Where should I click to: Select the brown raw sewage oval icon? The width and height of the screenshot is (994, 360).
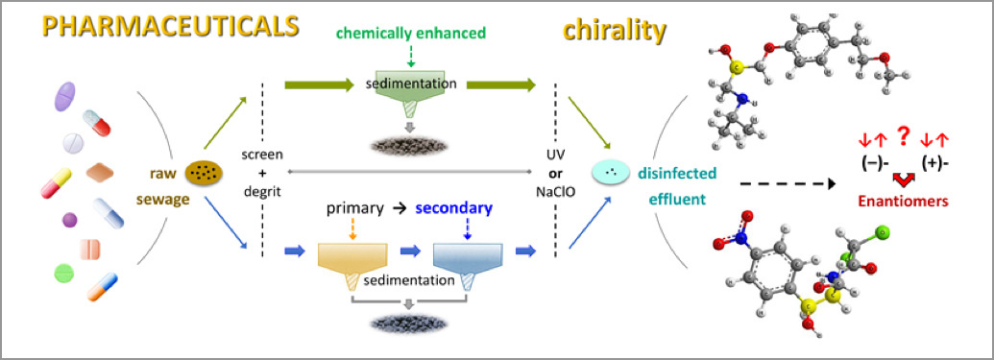(205, 172)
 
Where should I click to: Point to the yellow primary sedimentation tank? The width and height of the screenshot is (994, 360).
(352, 257)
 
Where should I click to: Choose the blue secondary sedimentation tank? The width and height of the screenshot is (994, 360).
(467, 257)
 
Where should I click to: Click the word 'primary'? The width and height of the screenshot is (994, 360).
(355, 208)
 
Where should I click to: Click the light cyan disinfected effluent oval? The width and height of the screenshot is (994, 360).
(609, 173)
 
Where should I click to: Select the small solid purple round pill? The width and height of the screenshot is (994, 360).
(69, 220)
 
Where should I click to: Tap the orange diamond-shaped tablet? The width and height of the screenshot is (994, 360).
(100, 173)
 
